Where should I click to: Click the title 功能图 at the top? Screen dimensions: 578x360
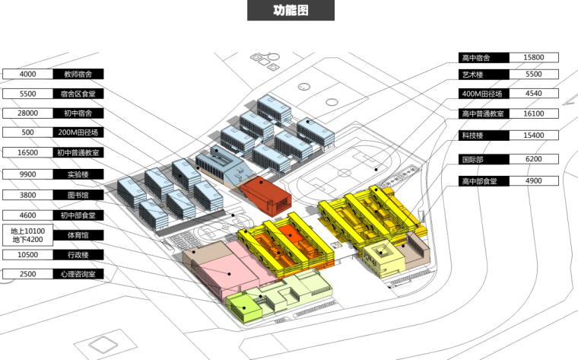(x=291, y=11)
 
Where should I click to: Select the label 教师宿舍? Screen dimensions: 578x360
(x=78, y=75)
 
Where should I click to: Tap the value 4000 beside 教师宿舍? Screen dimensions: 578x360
(x=28, y=75)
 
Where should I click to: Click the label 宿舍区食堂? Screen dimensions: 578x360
(x=78, y=94)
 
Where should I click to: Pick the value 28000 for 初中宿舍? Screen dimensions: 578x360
(x=28, y=113)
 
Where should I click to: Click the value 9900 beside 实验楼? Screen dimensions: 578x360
(x=28, y=174)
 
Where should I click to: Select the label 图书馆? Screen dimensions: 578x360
(x=78, y=194)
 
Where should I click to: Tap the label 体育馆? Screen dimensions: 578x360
(x=78, y=235)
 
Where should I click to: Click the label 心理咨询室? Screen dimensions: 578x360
(x=78, y=274)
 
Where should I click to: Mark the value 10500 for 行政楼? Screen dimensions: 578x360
(x=28, y=255)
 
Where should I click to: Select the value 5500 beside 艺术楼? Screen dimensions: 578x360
(x=533, y=75)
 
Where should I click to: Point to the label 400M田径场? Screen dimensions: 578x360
(x=482, y=94)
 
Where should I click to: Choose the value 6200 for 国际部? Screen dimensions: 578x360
(x=533, y=161)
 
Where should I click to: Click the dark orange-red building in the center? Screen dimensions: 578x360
(x=264, y=195)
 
